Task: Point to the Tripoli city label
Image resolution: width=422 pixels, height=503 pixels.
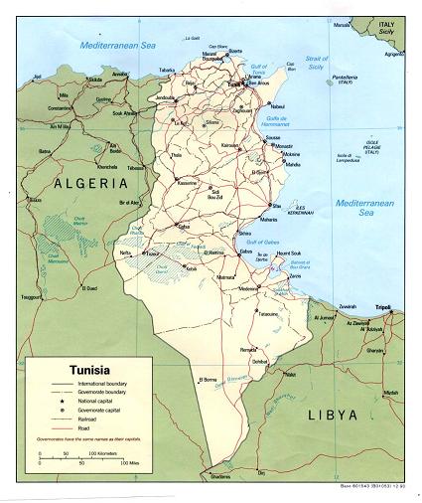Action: click(397, 306)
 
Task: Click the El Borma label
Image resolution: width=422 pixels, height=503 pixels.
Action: click(208, 379)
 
